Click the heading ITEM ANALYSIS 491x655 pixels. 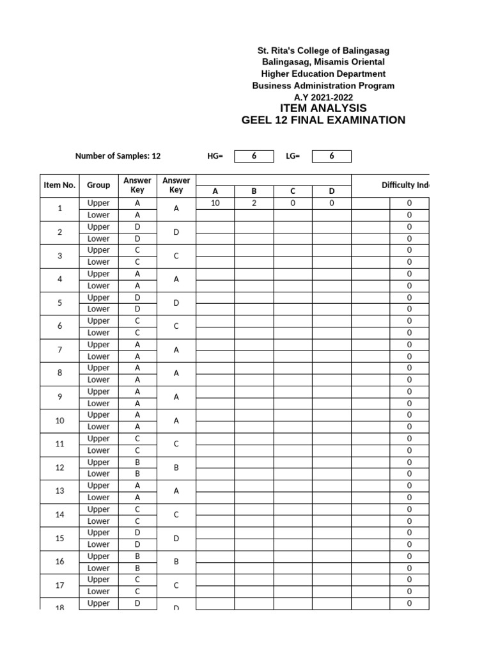323,108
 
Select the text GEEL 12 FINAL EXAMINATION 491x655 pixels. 323,120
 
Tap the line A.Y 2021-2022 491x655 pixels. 323,97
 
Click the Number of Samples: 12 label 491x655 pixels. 118,156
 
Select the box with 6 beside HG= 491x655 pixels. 254,156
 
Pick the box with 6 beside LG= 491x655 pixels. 331,156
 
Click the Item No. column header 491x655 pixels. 59,185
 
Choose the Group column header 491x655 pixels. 98,185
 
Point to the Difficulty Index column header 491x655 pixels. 405,185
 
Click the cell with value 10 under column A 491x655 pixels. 215,203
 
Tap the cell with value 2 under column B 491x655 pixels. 254,203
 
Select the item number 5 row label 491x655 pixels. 59,303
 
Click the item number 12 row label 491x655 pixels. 59,468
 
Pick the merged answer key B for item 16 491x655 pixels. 176,562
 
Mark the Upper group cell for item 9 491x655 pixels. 98,391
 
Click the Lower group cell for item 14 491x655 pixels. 98,521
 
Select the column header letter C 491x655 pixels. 293,191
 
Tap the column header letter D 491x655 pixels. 331,191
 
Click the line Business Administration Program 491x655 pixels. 323,86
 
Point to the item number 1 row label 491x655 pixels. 59,209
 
